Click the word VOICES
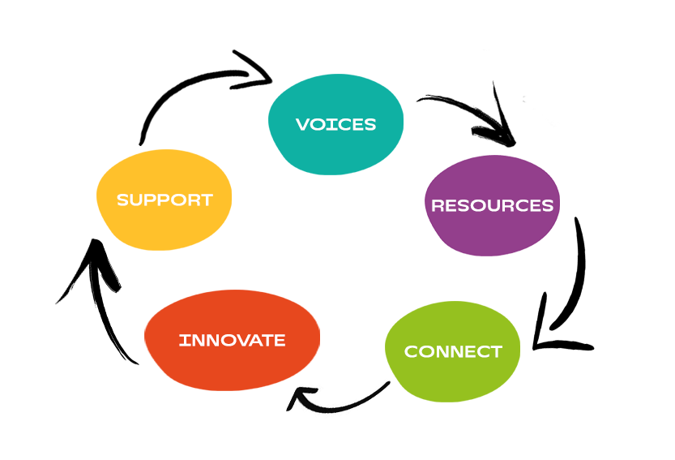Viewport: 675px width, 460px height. (335, 124)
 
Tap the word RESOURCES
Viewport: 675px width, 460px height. (492, 205)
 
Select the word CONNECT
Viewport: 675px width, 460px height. (453, 352)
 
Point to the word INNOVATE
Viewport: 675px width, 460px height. (232, 340)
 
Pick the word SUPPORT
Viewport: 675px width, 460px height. (164, 200)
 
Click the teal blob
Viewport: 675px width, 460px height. (335, 150)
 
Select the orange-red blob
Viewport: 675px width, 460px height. (232, 365)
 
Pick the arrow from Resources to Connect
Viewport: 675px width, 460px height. (575, 276)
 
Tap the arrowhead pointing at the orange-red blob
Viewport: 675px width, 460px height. (300, 398)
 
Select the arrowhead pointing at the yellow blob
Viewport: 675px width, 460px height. (93, 260)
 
